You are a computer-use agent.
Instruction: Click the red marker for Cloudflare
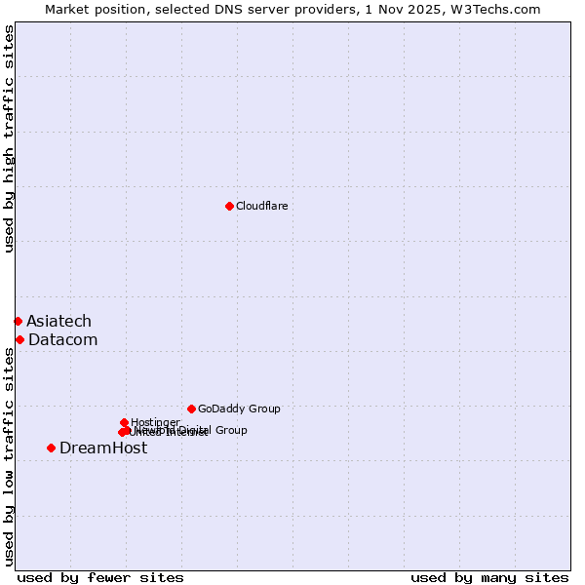[x=229, y=206]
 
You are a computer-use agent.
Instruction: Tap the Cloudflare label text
[x=261, y=206]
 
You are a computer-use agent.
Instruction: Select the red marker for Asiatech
[x=18, y=321]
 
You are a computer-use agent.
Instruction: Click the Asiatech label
[x=58, y=321]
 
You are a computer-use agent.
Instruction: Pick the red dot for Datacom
[x=19, y=339]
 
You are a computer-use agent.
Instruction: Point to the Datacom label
[x=62, y=339]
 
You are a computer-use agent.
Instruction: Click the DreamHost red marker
[x=51, y=448]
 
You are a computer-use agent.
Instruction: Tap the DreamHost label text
[x=103, y=448]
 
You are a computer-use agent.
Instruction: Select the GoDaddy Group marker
[x=191, y=409]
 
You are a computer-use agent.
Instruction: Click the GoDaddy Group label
[x=239, y=409]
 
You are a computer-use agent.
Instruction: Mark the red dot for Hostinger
[x=124, y=422]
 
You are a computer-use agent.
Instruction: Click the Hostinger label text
[x=155, y=422]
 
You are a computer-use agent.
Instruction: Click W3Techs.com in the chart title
[x=494, y=9]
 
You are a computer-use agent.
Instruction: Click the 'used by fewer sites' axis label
[x=100, y=577]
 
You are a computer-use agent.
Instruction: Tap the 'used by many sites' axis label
[x=489, y=577]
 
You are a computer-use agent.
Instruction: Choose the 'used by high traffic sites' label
[x=9, y=138]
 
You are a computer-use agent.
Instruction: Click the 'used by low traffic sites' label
[x=9, y=456]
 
